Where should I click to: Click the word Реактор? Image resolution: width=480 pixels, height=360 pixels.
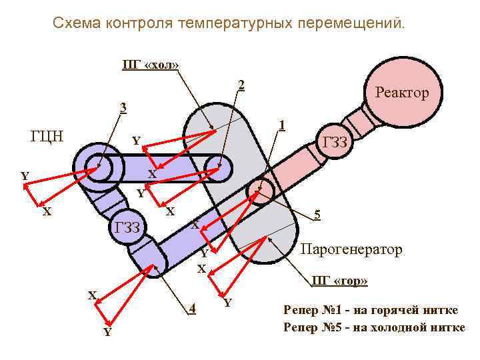(x=402, y=93)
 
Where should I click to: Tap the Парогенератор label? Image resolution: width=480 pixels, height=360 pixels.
(x=352, y=249)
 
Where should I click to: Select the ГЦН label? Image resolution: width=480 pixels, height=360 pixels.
(x=47, y=137)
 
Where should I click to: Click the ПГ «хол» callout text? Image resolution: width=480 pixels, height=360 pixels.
(x=150, y=65)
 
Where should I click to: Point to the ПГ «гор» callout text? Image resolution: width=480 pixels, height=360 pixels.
(x=339, y=281)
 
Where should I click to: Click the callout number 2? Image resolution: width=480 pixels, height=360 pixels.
(x=241, y=85)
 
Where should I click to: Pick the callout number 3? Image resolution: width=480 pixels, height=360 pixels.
(x=123, y=107)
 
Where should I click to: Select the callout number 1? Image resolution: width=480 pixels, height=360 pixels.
(x=283, y=125)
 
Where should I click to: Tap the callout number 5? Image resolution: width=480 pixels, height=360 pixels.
(x=317, y=215)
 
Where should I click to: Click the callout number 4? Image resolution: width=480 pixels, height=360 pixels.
(x=192, y=308)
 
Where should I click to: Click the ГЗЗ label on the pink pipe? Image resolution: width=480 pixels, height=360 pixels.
(x=335, y=141)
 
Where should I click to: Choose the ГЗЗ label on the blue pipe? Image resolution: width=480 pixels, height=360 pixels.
(x=127, y=228)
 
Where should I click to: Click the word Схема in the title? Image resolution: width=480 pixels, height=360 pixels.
(x=77, y=24)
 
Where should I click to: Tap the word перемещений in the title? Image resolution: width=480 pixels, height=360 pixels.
(x=357, y=24)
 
